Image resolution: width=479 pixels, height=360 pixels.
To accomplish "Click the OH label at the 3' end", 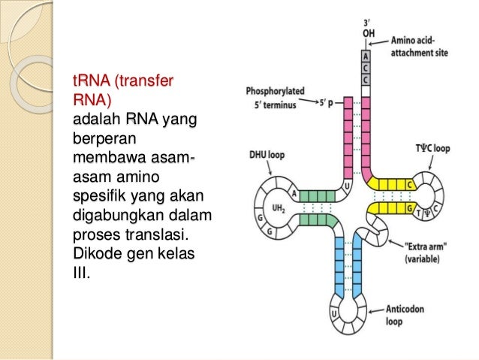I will pos(366,32).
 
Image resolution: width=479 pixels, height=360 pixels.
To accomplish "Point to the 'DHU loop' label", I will pos(266,158).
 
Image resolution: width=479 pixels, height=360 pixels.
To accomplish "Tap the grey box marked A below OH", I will pos(366,55).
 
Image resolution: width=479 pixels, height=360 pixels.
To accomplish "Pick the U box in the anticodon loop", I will pos(333,310).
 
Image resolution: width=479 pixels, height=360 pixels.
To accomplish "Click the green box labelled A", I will pos(294,193).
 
